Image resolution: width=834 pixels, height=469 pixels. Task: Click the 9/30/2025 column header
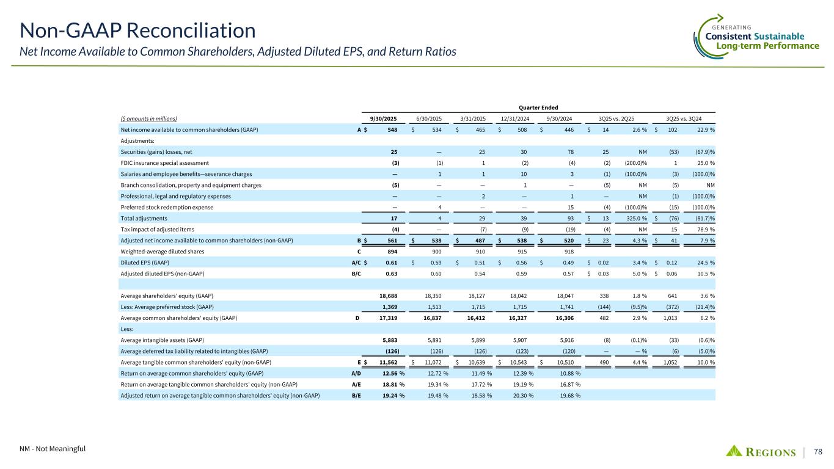[x=384, y=118]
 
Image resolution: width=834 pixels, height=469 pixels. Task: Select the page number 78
[x=818, y=452]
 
